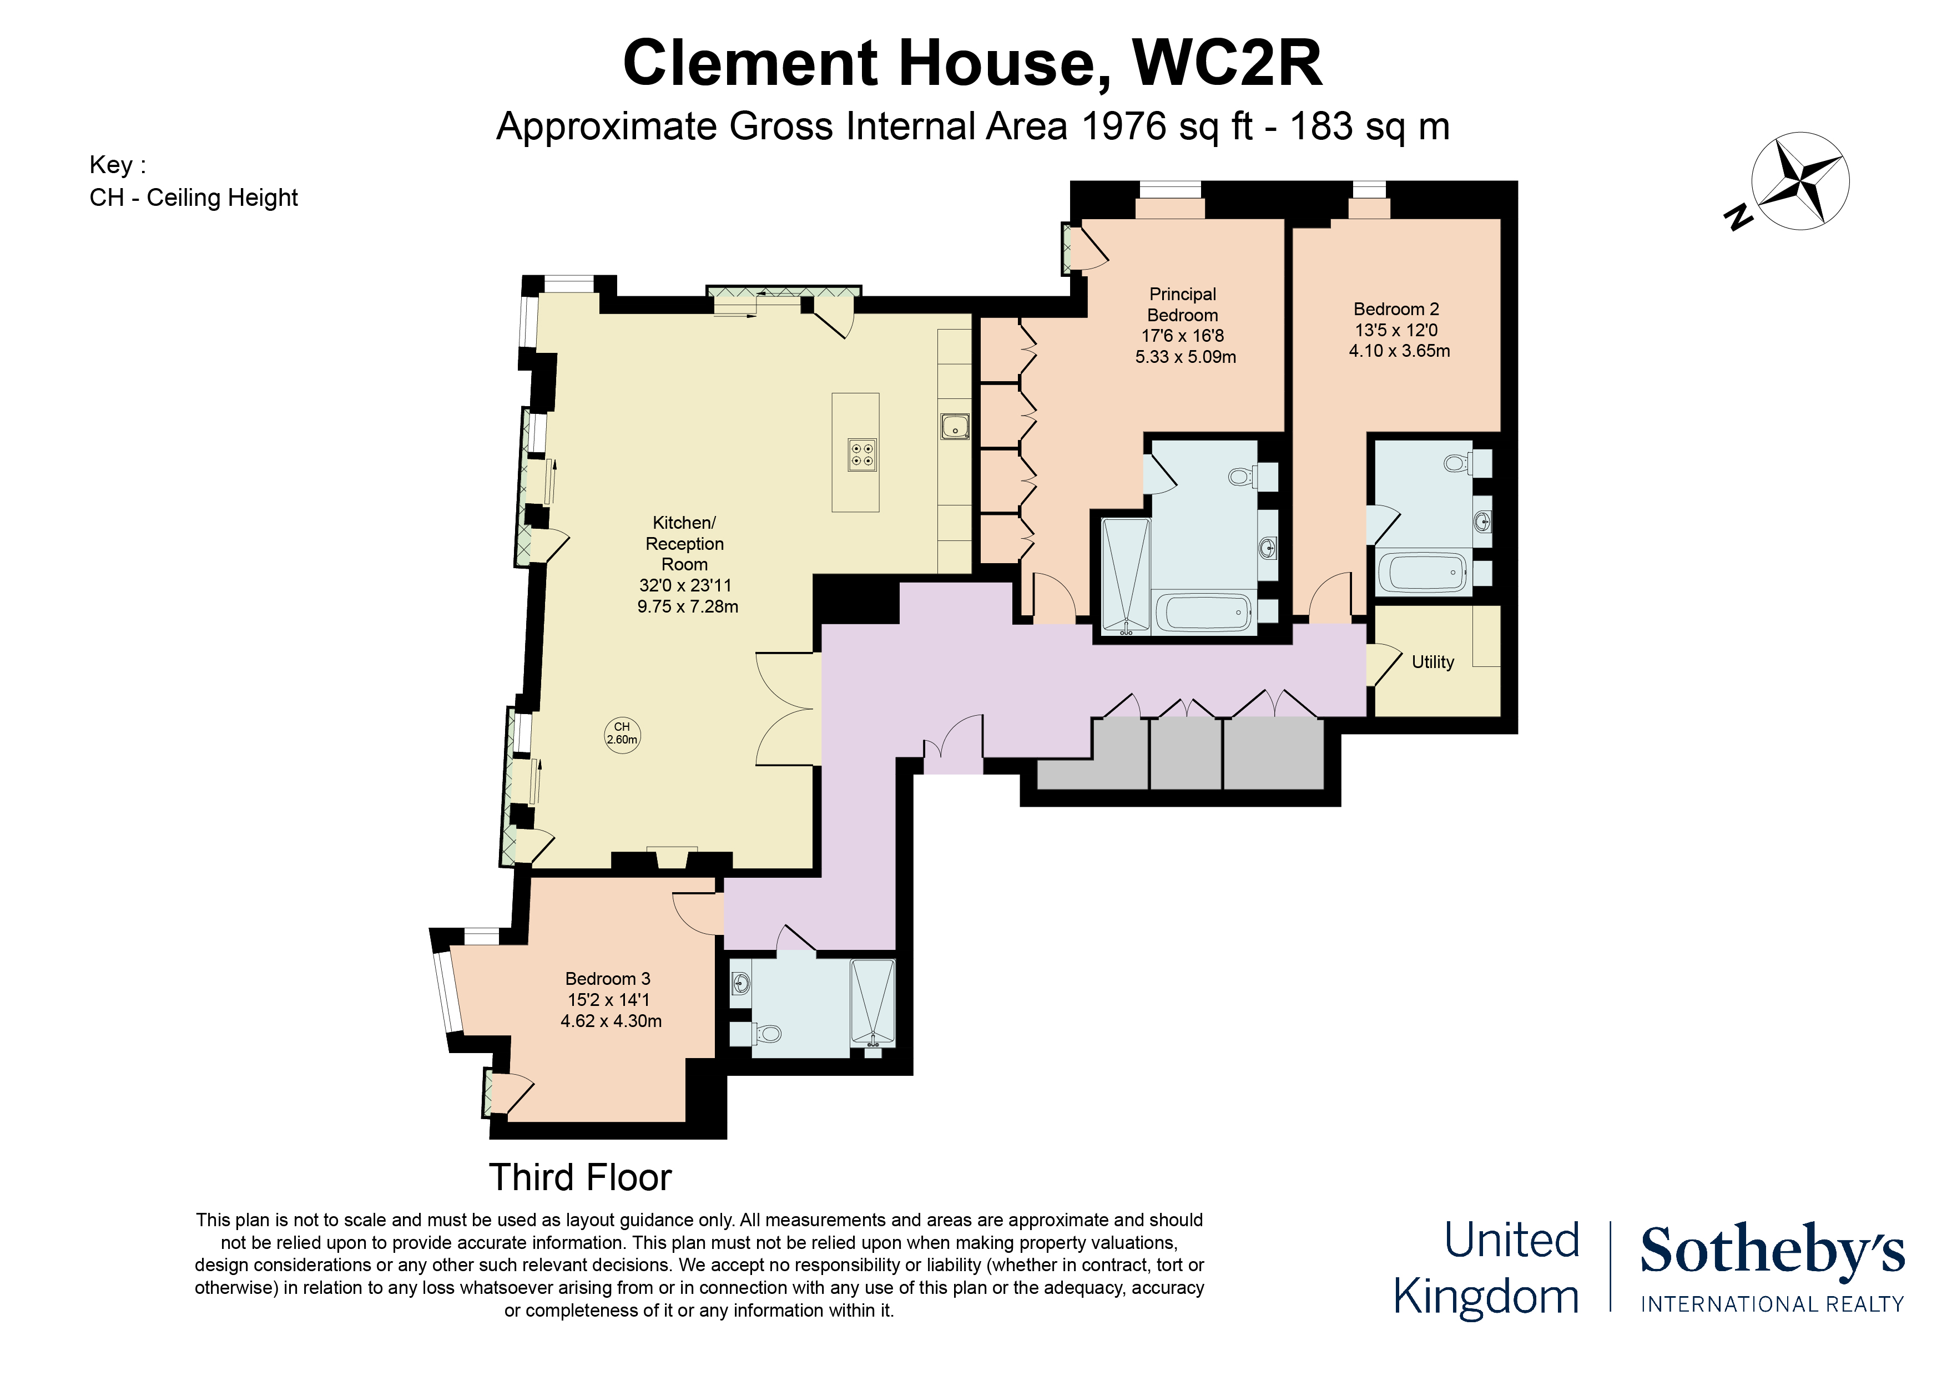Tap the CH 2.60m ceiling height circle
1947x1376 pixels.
point(622,733)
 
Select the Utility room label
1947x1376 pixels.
point(1432,662)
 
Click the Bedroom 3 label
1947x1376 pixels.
point(607,978)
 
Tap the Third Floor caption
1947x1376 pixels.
point(580,1177)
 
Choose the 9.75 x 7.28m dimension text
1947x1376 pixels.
point(687,607)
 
